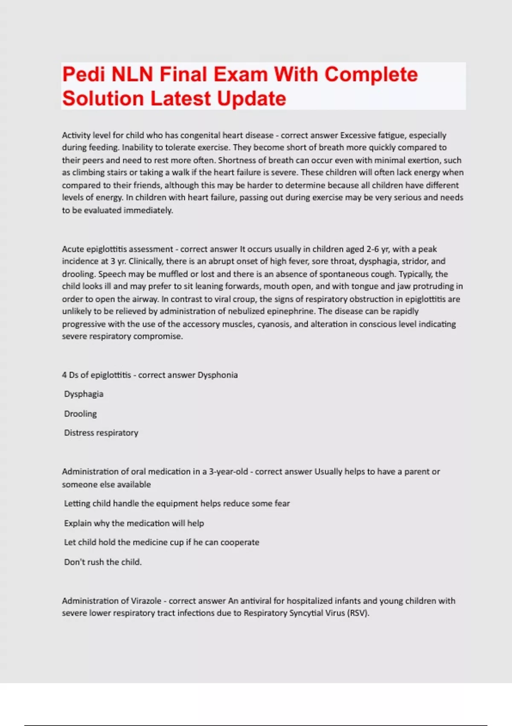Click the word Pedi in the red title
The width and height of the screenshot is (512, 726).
coord(83,75)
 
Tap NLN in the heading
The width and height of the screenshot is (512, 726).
coord(132,75)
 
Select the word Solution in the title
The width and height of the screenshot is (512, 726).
coord(103,99)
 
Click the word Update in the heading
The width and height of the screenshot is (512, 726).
coord(251,99)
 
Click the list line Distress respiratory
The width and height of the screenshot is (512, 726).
coord(101,433)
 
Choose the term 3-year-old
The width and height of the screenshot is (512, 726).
coord(228,471)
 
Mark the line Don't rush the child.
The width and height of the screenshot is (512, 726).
coord(103,562)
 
